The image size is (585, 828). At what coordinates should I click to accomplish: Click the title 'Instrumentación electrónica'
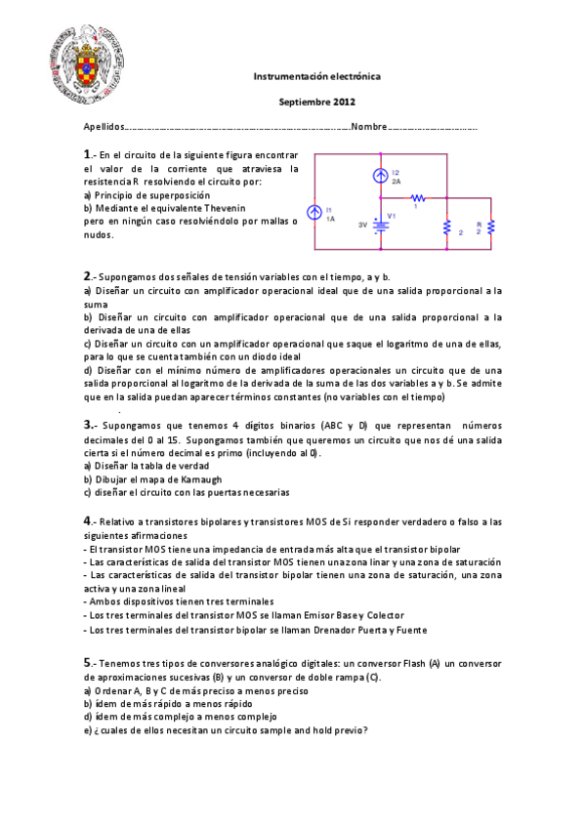point(316,75)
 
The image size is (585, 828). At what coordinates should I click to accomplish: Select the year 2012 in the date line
point(344,102)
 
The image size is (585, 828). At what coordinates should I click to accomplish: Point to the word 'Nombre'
point(368,127)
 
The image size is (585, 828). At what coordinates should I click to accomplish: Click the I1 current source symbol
point(314,214)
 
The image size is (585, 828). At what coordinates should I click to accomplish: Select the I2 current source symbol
point(381,176)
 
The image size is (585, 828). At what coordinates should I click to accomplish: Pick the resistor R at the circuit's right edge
point(491,228)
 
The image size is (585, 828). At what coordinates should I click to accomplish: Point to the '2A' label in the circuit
point(396,182)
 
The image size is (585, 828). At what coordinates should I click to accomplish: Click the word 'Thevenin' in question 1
point(225,208)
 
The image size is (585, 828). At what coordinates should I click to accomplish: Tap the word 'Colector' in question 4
point(384,615)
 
